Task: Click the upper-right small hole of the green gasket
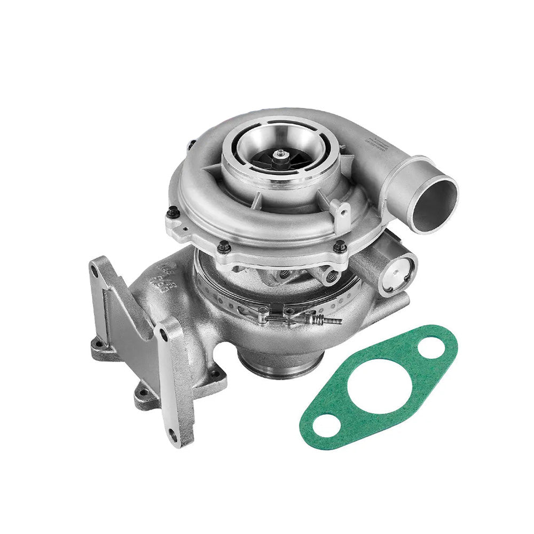[x=430, y=349]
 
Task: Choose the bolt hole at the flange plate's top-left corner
[x=95, y=271]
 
